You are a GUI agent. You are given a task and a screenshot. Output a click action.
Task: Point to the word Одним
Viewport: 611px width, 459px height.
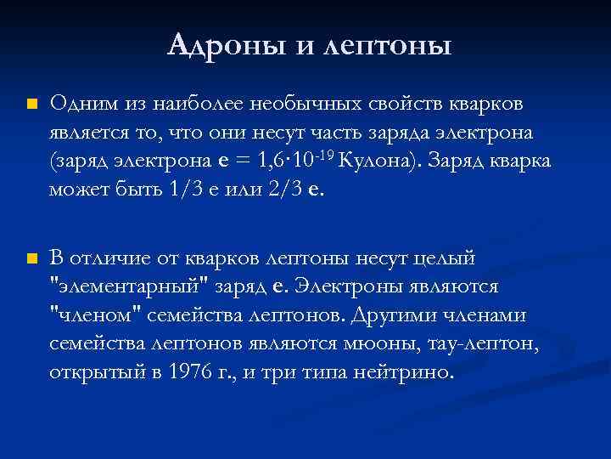point(81,104)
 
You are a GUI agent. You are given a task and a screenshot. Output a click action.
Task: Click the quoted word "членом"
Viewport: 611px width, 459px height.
point(95,315)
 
